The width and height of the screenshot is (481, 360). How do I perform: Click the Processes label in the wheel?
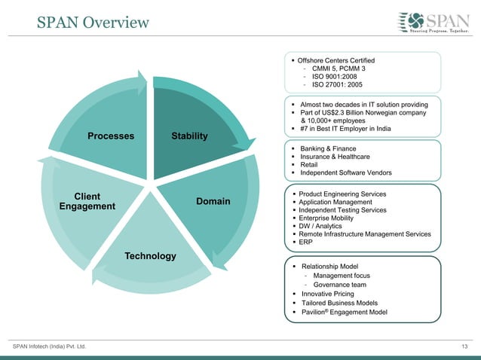(111, 136)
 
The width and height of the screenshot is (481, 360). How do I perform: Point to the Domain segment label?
(213, 201)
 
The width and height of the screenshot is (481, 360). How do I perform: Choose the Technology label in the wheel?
(151, 256)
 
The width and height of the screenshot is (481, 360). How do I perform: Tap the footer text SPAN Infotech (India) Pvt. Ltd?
(50, 346)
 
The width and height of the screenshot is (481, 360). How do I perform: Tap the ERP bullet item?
(306, 243)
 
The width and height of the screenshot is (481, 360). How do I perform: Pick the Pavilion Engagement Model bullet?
(344, 312)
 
